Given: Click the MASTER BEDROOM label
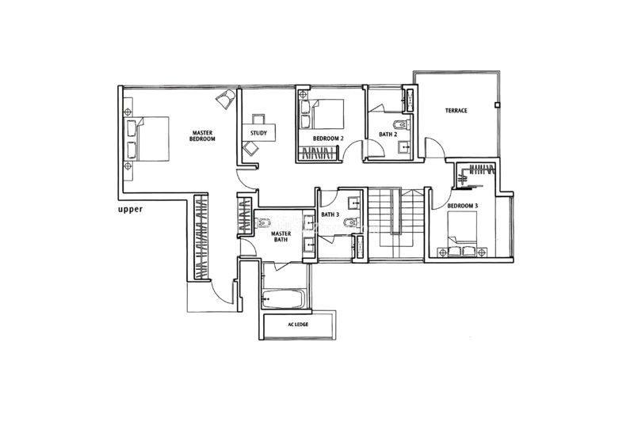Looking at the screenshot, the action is point(203,135).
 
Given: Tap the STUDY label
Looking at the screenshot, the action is point(258,133).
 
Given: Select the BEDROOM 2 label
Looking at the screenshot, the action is point(328,139).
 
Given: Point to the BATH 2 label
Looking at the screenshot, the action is point(388,135).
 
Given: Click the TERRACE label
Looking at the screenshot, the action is point(456,110).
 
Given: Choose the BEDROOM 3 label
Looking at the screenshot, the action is point(463,206).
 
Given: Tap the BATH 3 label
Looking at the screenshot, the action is point(330,215).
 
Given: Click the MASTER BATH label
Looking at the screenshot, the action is point(281,237).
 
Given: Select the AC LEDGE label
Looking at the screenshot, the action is point(299,325).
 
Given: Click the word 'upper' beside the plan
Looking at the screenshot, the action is point(130,210).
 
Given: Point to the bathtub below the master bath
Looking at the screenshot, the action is point(283,299).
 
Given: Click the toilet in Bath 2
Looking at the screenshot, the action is point(402,124).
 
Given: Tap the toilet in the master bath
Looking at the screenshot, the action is point(264,222).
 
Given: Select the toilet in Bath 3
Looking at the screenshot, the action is point(350,222).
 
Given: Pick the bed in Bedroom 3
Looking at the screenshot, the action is point(462,234).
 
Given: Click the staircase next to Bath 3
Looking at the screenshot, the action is point(395,224).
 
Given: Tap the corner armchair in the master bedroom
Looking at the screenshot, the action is point(225,98).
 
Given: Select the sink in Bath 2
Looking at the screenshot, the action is point(404,147).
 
